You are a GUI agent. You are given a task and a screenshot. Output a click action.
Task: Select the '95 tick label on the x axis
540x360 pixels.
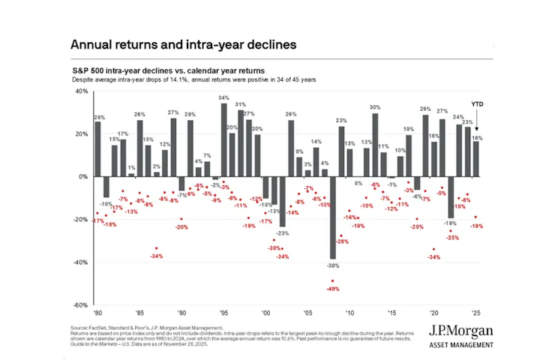(x=223, y=311)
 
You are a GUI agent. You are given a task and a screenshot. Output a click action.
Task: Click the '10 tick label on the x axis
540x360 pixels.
(x=349, y=311)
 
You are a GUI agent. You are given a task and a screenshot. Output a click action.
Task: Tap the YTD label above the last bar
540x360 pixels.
(x=477, y=103)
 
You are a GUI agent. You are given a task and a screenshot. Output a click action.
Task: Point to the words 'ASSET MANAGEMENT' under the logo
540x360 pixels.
(x=461, y=344)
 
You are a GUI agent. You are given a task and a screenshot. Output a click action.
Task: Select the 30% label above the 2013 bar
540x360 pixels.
(x=375, y=107)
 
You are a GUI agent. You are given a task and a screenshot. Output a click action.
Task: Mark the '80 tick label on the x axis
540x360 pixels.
(x=97, y=311)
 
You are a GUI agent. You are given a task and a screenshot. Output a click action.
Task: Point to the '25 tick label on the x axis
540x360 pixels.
(x=475, y=311)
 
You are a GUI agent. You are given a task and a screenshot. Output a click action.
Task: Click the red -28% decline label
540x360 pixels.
(x=342, y=241)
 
